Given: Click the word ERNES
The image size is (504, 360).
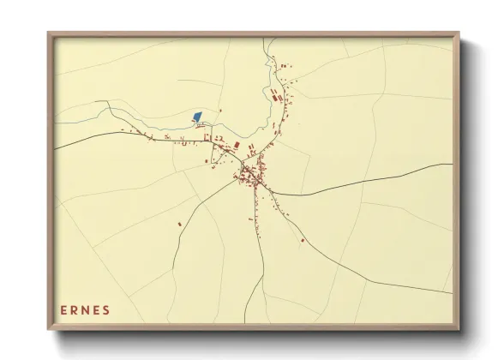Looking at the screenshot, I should (86, 309).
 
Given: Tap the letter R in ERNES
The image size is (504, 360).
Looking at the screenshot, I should (75, 309).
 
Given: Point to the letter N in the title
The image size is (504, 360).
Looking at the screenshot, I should (87, 309).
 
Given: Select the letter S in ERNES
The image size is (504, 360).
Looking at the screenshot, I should (107, 309).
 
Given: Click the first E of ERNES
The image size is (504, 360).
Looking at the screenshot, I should (64, 309).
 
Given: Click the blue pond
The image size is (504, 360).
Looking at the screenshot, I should (197, 116).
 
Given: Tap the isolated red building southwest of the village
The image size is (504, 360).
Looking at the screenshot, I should (179, 224).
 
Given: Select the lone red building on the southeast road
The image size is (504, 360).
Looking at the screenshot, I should (303, 241).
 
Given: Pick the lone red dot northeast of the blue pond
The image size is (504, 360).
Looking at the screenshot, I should (219, 111).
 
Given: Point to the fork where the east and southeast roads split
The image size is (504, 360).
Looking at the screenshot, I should (273, 194).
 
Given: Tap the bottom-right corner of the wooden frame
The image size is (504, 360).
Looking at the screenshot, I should (457, 327).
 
